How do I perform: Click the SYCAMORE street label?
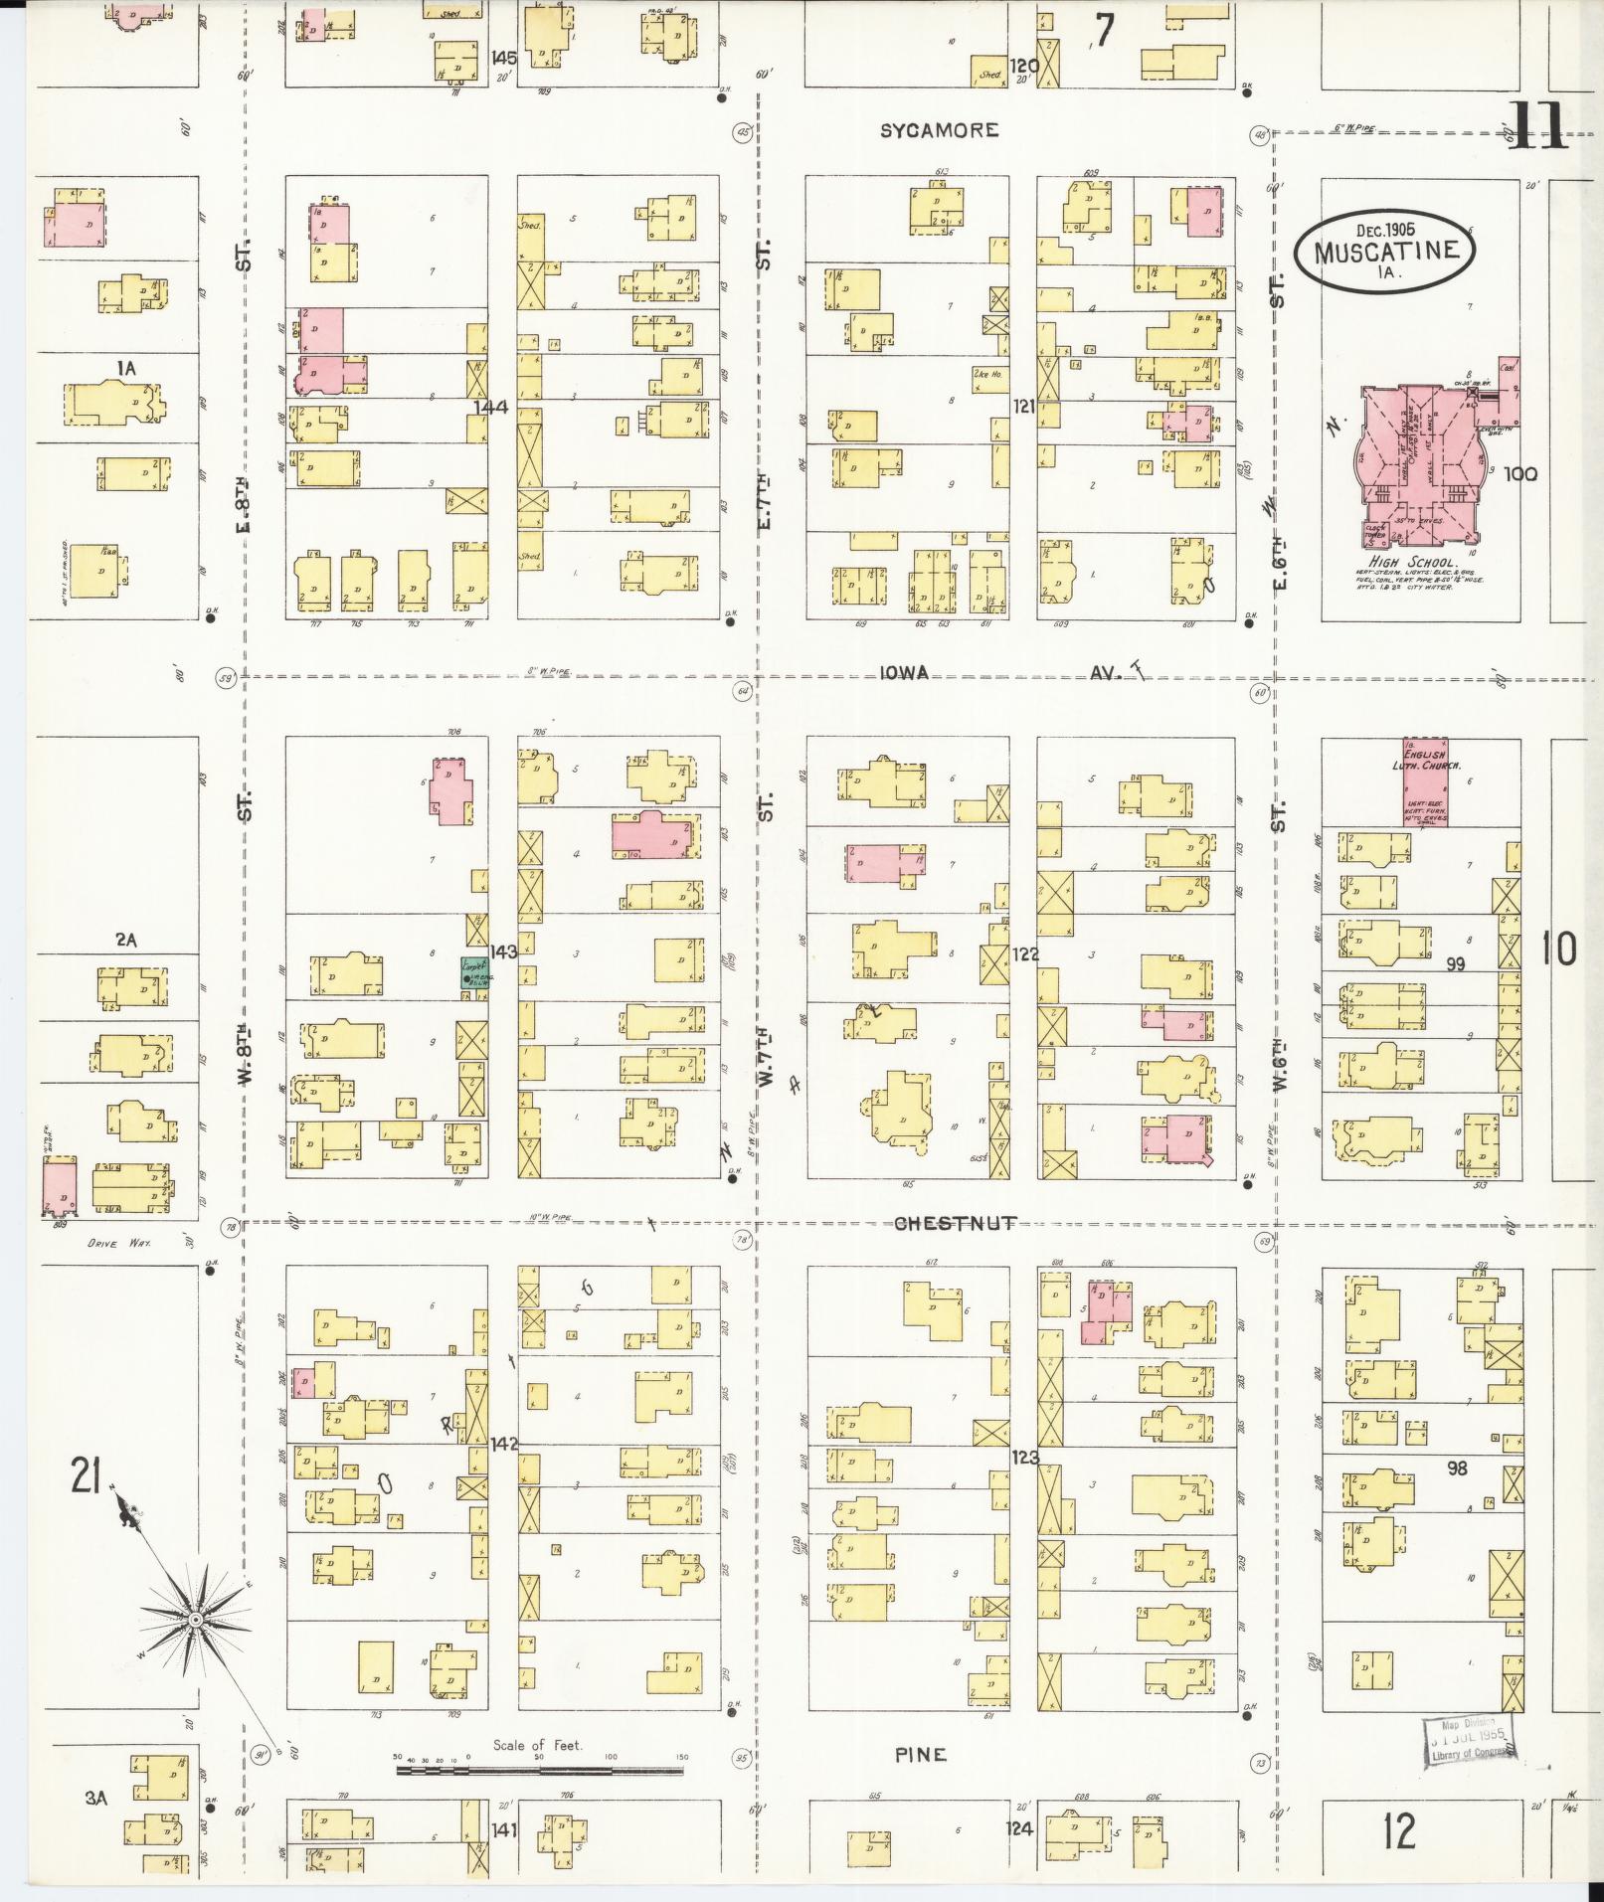tap(939, 130)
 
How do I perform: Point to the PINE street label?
tap(920, 1755)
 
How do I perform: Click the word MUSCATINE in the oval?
tap(1391, 251)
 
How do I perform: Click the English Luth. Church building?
tap(1425, 781)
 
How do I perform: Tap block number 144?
tap(491, 407)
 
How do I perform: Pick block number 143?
tap(502, 951)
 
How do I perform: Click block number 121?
tap(1024, 406)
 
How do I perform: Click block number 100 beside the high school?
tap(1520, 474)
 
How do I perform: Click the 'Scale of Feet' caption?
tap(538, 1745)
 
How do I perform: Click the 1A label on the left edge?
tap(124, 369)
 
